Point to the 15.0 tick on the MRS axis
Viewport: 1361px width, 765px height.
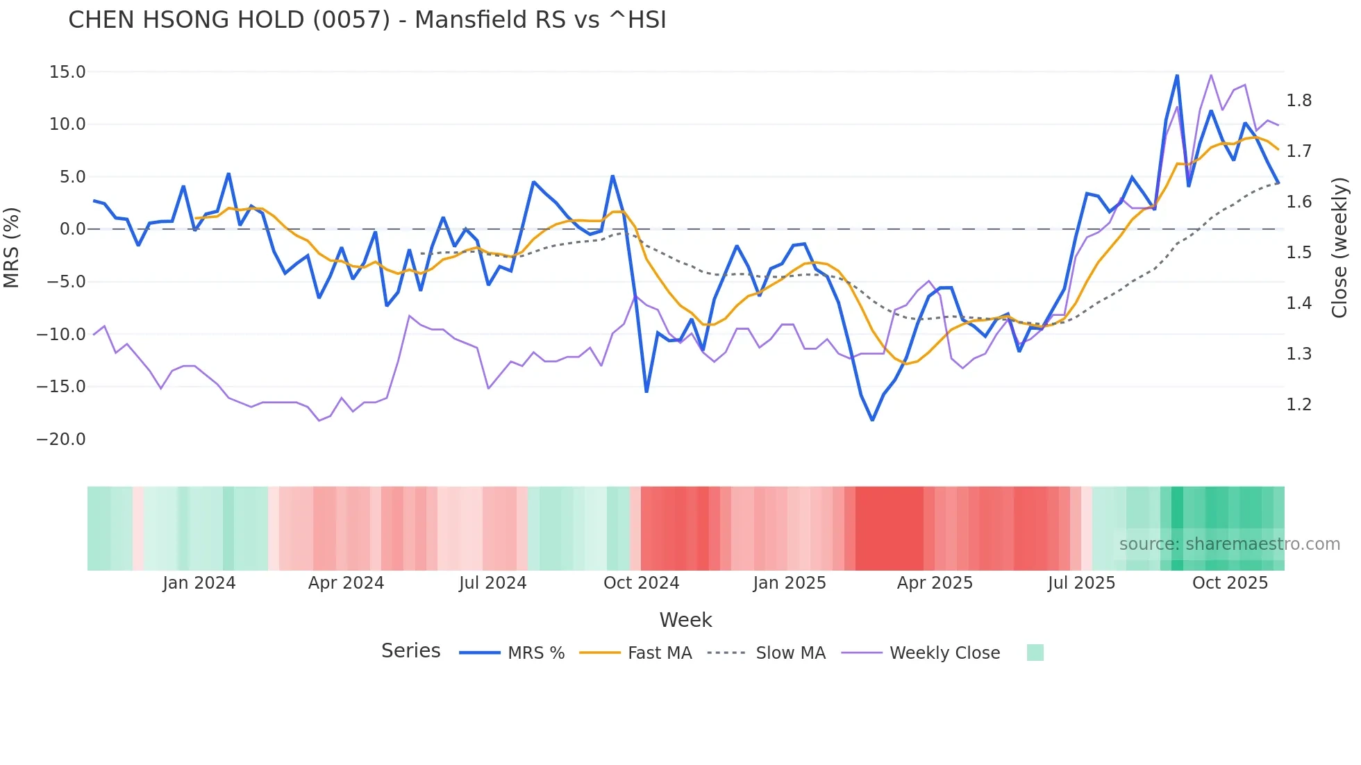[67, 72]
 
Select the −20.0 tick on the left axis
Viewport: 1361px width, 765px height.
[61, 439]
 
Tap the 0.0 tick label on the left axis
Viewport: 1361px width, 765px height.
[72, 229]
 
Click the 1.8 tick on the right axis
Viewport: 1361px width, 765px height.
[1299, 101]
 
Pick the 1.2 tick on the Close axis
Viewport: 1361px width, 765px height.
[1299, 405]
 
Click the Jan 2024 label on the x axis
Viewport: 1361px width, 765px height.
[199, 583]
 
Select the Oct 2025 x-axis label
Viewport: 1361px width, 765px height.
[1230, 583]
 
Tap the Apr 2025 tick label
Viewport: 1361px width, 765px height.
[935, 583]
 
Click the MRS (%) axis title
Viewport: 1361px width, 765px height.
[12, 248]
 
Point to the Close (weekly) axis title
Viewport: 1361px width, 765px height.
[1339, 248]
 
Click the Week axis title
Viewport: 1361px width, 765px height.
[685, 620]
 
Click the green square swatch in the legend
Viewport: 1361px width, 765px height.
[1035, 653]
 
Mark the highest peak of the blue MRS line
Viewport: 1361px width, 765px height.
[1177, 75]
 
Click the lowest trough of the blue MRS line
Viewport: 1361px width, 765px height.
[873, 420]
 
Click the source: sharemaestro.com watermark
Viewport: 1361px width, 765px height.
[1229, 544]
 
